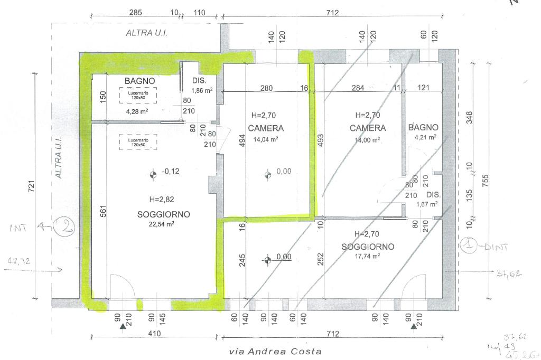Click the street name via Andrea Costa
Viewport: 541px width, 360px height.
tap(275, 351)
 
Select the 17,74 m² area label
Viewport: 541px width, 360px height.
tap(368, 256)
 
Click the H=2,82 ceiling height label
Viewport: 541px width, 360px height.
tap(162, 200)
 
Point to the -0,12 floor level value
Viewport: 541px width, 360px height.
tap(171, 171)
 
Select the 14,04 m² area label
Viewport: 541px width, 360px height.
tap(266, 140)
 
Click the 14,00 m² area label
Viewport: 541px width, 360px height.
tap(368, 140)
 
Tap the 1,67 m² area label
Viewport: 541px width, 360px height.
tap(427, 204)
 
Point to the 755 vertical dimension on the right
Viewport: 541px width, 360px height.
tap(487, 179)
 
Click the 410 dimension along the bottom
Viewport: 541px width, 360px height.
tap(154, 334)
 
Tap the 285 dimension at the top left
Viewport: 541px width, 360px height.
tap(136, 13)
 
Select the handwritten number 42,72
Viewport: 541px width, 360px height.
tap(20, 261)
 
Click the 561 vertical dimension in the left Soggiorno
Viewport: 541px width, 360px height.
tap(104, 212)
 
